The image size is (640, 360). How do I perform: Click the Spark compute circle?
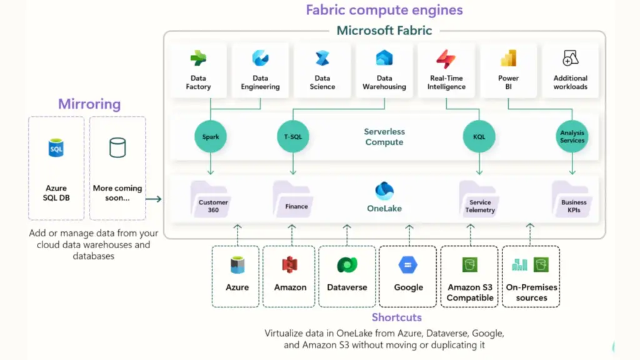coord(211,137)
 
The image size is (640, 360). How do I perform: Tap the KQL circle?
coord(479,137)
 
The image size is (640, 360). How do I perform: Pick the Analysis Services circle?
coord(572,137)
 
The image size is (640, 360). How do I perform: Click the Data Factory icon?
coord(198,59)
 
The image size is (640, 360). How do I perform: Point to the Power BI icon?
coord(508,59)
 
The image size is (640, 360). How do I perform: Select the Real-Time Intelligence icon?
coord(446,59)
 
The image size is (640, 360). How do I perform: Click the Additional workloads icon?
coord(570,59)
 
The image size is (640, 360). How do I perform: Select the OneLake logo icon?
coord(384,191)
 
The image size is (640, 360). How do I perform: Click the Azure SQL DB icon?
coord(56,149)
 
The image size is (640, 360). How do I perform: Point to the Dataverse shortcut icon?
coord(347,265)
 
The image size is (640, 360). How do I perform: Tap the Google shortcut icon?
coord(408,265)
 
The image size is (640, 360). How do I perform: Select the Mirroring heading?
coord(89,104)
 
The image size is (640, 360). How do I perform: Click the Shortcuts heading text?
coord(396,317)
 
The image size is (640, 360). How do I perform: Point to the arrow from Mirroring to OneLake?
coord(154,199)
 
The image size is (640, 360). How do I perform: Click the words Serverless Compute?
coord(384,137)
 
